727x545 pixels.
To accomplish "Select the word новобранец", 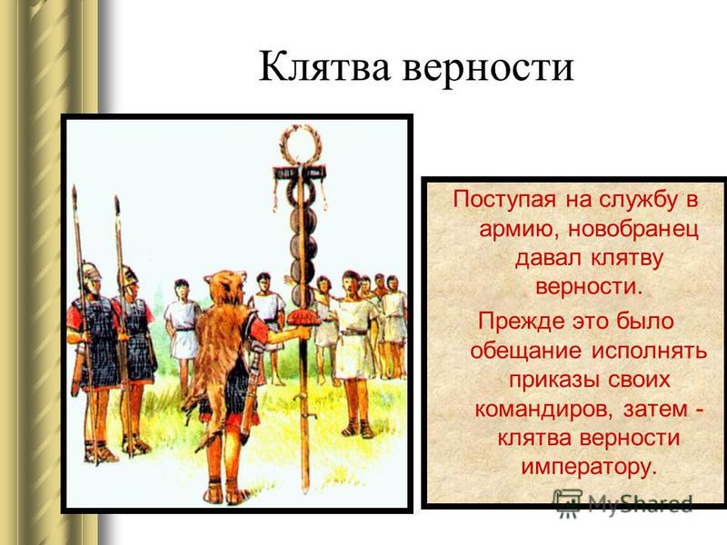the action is pos(632,229).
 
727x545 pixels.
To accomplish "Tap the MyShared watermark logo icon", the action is pos(567,503).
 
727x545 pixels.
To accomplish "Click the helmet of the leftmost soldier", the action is pos(91,272).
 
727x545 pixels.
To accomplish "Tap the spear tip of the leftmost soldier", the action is pos(75,194).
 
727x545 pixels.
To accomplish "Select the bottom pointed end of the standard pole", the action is pos(304,491).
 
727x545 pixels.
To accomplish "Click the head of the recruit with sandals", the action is pos(351,282).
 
